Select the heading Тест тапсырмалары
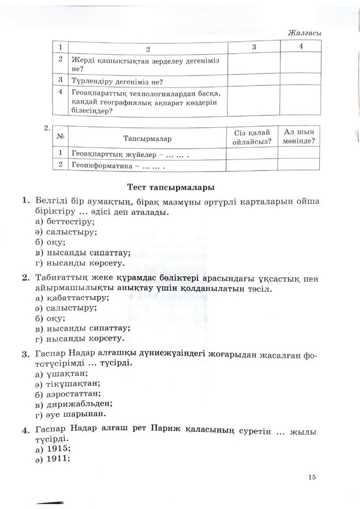coord(171,188)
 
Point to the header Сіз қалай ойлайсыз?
coord(252,137)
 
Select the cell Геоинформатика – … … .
coord(118,166)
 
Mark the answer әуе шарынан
coord(71,414)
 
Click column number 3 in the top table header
coord(254,47)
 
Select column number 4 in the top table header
coord(301,46)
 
